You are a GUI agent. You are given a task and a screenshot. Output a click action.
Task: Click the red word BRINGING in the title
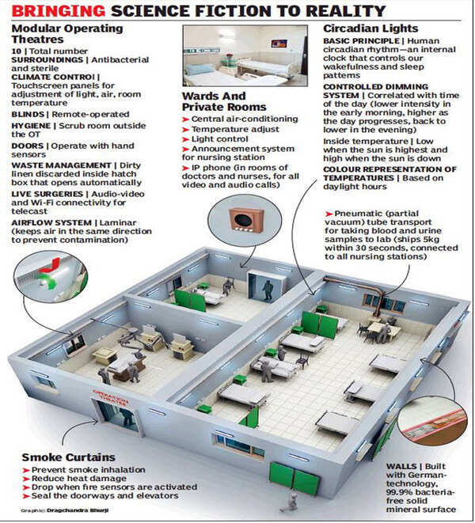53,11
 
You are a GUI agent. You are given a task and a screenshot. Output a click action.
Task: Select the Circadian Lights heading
367,28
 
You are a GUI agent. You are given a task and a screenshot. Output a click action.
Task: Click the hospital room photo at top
245,56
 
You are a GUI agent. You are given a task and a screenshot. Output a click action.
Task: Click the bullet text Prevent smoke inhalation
79,471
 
